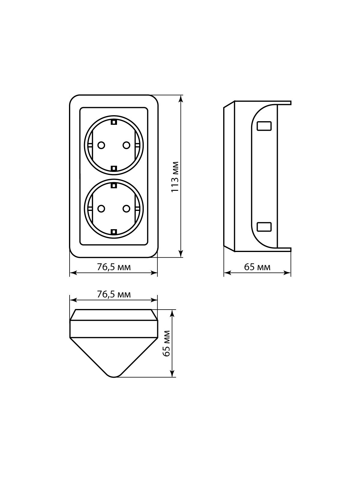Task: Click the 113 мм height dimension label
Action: pyautogui.click(x=175, y=177)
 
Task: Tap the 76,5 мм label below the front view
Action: pyautogui.click(x=114, y=267)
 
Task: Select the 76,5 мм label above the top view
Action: pyautogui.click(x=114, y=295)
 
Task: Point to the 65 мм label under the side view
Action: pyautogui.click(x=257, y=267)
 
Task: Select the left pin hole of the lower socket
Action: pyautogui.click(x=101, y=209)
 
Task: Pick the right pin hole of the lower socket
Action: pyautogui.click(x=126, y=209)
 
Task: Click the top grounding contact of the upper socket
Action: pyautogui.click(x=114, y=122)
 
